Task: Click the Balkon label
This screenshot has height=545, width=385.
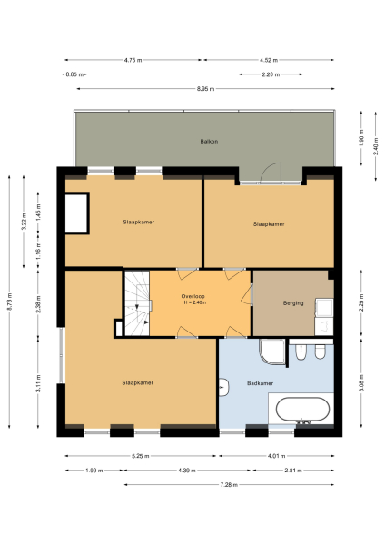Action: tap(210, 142)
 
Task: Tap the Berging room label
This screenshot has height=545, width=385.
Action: tap(292, 302)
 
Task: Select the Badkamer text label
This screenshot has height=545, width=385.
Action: tap(261, 383)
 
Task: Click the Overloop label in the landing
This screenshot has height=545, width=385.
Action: tap(192, 296)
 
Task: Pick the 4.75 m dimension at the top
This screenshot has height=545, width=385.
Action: tap(133, 60)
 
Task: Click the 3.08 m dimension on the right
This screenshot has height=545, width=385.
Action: tap(361, 386)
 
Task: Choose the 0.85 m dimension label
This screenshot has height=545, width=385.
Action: tap(74, 74)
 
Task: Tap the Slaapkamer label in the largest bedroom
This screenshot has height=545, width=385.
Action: tap(138, 383)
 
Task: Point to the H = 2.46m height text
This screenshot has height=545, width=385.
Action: tap(192, 303)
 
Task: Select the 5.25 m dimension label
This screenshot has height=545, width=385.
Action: tap(141, 456)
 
